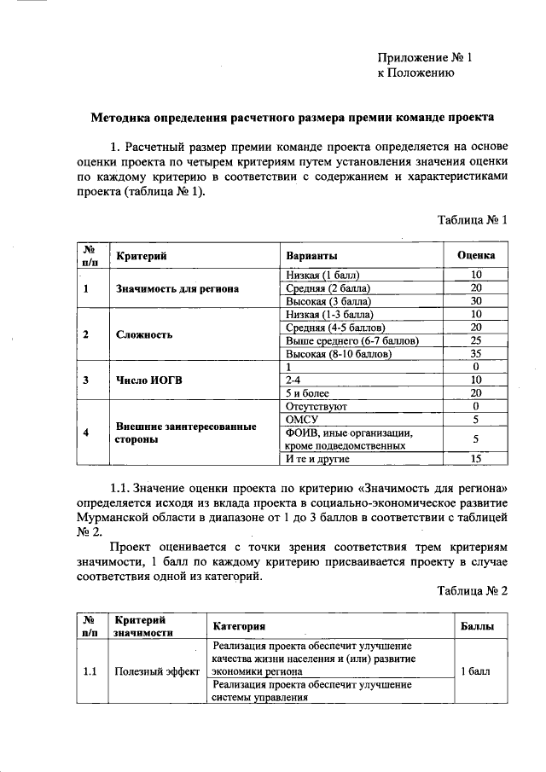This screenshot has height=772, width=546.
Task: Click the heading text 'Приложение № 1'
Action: point(424,57)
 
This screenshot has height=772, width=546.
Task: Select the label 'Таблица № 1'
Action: point(473,219)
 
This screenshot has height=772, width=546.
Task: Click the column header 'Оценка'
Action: point(477,256)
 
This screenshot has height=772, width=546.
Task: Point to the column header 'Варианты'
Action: point(311,256)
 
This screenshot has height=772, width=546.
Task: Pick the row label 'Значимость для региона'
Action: point(177,288)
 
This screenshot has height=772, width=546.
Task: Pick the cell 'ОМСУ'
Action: point(303,419)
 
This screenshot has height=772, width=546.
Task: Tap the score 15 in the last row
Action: point(477,459)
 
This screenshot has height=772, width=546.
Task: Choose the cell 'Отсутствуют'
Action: point(315,406)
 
